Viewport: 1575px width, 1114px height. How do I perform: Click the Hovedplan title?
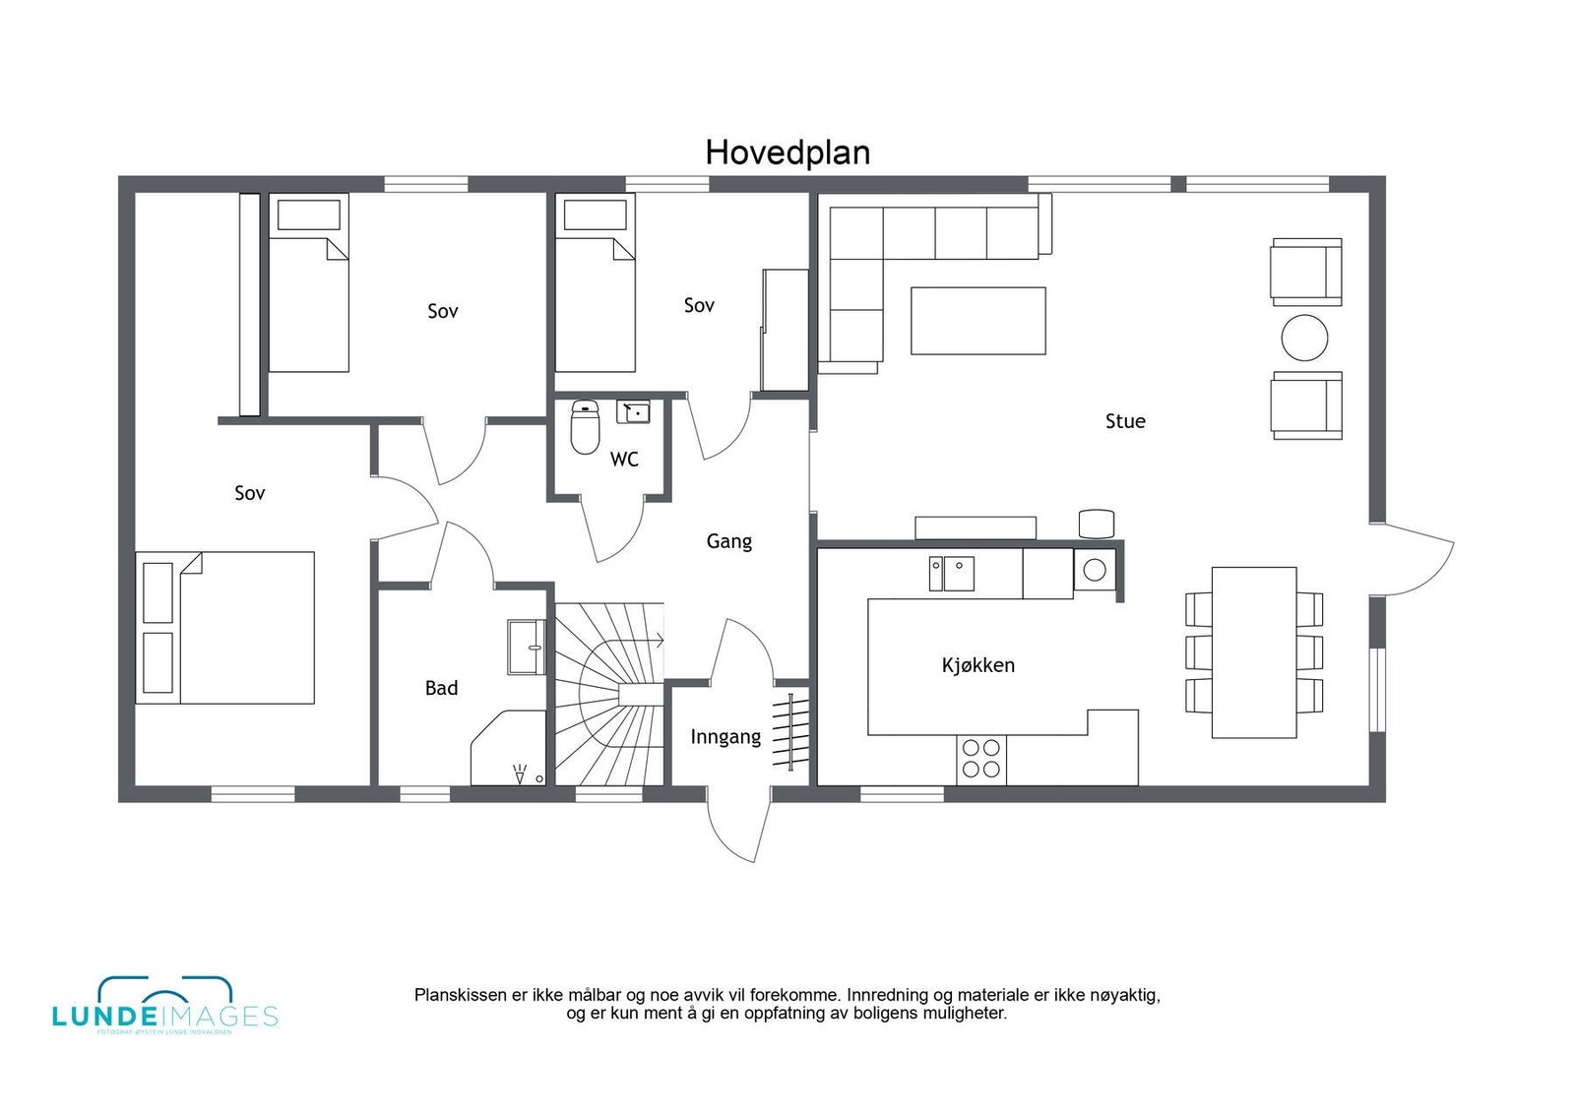(x=787, y=153)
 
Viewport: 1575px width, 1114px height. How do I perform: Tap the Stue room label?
(x=1125, y=421)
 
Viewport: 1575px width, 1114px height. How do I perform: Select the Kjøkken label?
(x=977, y=665)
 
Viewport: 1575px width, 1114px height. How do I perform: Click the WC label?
(x=624, y=460)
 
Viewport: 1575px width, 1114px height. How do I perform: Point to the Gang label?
(x=728, y=541)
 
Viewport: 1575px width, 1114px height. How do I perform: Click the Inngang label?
(x=725, y=737)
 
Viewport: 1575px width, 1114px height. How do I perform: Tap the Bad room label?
(x=441, y=688)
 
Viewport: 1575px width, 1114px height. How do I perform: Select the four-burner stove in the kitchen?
(x=981, y=759)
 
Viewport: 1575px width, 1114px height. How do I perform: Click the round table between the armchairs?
(x=1305, y=338)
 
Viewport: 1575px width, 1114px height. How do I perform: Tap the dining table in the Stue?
(x=1253, y=651)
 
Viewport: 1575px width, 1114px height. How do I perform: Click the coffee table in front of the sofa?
(x=977, y=320)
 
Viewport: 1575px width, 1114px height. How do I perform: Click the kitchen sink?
(x=952, y=574)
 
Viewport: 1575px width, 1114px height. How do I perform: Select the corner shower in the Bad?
(x=510, y=750)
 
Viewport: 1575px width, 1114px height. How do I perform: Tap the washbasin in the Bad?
(x=527, y=647)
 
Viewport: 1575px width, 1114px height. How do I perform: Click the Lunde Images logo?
(x=164, y=1007)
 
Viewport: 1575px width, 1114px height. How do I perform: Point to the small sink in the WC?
(x=633, y=411)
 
